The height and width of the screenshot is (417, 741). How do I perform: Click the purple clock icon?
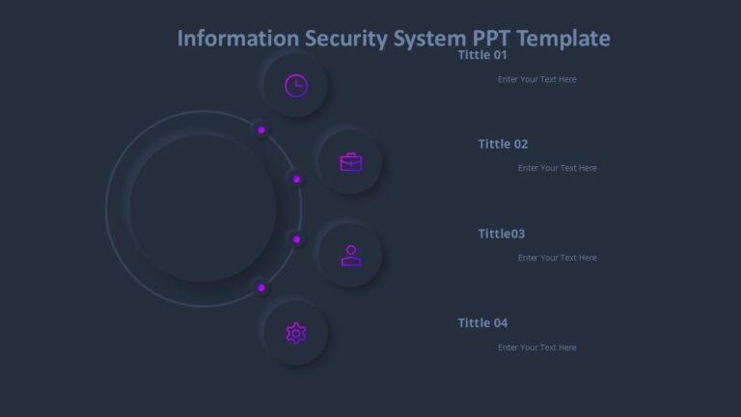pyautogui.click(x=296, y=85)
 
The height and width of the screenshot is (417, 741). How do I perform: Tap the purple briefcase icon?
pyautogui.click(x=351, y=162)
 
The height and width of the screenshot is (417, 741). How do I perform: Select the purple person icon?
pyautogui.click(x=351, y=255)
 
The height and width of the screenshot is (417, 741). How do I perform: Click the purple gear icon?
pyautogui.click(x=296, y=333)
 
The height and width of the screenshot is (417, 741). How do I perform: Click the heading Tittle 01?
pyautogui.click(x=482, y=55)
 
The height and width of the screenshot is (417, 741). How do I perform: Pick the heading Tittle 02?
pyautogui.click(x=503, y=144)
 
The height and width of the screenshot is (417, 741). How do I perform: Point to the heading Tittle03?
pyautogui.click(x=502, y=234)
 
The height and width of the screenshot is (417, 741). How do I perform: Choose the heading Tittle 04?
pyautogui.click(x=482, y=322)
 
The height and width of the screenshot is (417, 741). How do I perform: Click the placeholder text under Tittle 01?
pyautogui.click(x=536, y=79)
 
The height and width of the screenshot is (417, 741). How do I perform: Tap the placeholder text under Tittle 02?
pyautogui.click(x=557, y=168)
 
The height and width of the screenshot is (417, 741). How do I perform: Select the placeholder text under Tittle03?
pyautogui.click(x=557, y=258)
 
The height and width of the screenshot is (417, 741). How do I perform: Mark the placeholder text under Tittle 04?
pyautogui.click(x=536, y=347)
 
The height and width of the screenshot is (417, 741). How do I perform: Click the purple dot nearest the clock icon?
pyautogui.click(x=261, y=129)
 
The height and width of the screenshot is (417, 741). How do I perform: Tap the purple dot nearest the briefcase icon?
pyautogui.click(x=296, y=179)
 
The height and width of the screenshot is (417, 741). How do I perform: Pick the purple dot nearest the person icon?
pyautogui.click(x=296, y=238)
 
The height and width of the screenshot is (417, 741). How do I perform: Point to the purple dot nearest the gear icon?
pyautogui.click(x=261, y=288)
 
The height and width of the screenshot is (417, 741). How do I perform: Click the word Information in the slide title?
pyautogui.click(x=238, y=39)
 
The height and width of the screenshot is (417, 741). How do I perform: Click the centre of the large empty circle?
pyautogui.click(x=203, y=208)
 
